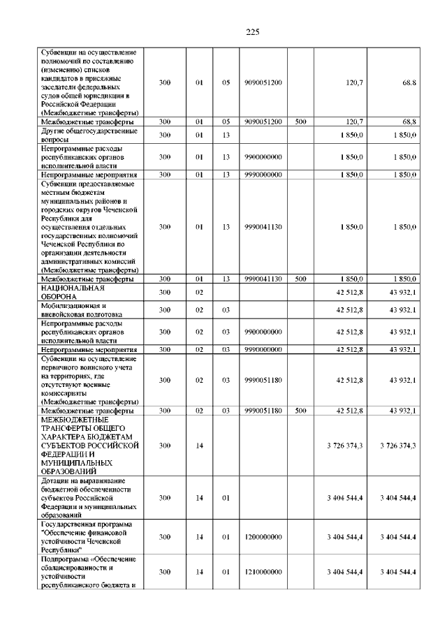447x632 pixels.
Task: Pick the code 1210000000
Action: click(x=264, y=572)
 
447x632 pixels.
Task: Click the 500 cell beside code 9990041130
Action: click(x=300, y=279)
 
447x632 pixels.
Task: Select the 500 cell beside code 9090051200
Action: click(x=300, y=122)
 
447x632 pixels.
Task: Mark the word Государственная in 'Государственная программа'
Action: click(x=73, y=524)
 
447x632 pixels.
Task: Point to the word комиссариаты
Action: click(x=67, y=393)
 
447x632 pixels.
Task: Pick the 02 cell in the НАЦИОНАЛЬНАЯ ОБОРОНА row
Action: click(x=199, y=292)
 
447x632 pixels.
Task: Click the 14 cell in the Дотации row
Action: click(x=199, y=497)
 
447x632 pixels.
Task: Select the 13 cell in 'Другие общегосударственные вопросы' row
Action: click(x=226, y=135)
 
